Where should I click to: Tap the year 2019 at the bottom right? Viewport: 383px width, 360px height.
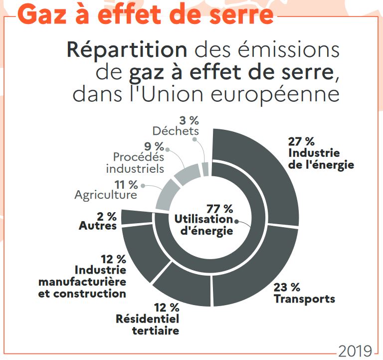click(x=355, y=351)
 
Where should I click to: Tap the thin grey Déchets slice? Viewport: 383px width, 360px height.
click(x=205, y=169)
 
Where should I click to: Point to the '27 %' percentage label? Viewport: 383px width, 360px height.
click(x=301, y=141)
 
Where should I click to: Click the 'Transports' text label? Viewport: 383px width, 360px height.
click(x=304, y=299)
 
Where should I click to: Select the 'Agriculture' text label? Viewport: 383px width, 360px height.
click(x=105, y=195)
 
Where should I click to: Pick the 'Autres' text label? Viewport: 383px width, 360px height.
click(x=98, y=226)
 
